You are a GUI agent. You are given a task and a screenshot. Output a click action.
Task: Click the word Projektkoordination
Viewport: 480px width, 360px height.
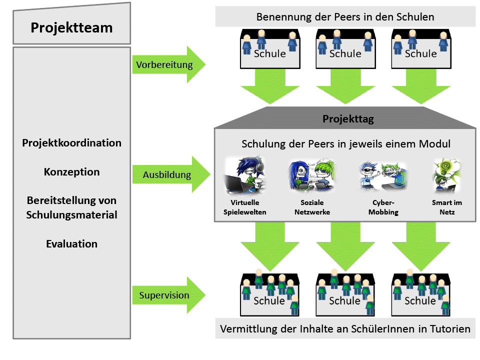point(71,143)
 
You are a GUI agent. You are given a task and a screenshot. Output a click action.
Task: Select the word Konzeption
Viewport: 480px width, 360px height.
point(71,172)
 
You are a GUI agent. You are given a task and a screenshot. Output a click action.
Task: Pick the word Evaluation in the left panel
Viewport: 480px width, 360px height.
point(71,244)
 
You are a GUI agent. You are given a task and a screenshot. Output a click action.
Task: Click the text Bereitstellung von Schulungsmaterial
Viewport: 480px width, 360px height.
point(71,207)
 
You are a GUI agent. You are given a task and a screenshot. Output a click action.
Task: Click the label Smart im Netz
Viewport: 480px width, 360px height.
point(446,207)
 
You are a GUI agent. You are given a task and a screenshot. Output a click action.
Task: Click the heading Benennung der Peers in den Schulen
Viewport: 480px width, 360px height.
point(345,17)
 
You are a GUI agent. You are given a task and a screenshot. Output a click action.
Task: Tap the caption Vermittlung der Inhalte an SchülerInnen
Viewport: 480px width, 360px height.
point(345,329)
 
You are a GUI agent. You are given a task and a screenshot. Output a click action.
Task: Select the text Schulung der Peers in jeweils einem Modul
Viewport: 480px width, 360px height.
point(346,144)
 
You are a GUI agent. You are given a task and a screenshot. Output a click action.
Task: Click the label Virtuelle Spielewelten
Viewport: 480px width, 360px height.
point(245,207)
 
